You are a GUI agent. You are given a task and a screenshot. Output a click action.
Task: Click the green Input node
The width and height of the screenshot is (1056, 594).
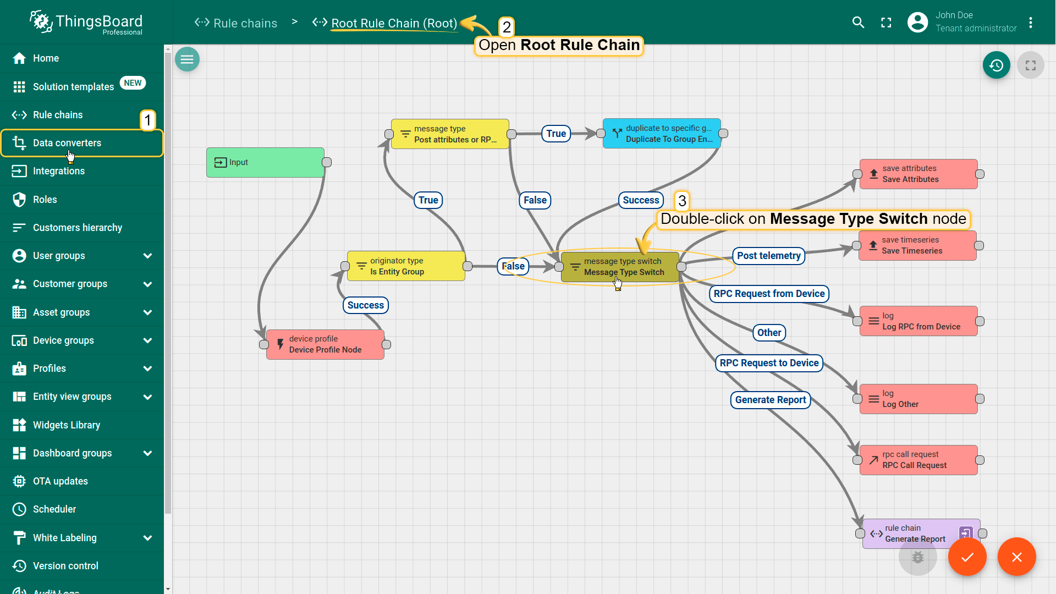(x=265, y=162)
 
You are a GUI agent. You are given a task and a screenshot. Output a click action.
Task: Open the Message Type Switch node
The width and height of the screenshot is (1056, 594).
(x=620, y=267)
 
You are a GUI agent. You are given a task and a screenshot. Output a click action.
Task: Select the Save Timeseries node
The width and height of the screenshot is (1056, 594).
(x=917, y=245)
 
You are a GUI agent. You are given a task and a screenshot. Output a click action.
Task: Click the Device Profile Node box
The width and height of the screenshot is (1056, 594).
(x=325, y=344)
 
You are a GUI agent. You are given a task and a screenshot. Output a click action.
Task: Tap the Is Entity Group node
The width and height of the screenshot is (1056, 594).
(x=406, y=266)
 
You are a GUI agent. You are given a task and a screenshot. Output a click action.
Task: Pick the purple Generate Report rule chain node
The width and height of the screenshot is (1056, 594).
(x=921, y=533)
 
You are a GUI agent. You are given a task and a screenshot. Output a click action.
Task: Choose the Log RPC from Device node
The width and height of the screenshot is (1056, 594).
(x=919, y=321)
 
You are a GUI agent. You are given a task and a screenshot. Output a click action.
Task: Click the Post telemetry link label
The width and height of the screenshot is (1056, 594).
(x=769, y=256)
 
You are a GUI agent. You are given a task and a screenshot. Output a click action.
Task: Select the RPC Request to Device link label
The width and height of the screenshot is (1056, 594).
(x=769, y=363)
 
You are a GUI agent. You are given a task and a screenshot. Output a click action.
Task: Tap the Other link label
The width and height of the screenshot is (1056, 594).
(x=769, y=333)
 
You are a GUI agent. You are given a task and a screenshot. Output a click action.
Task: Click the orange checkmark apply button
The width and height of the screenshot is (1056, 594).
(x=967, y=557)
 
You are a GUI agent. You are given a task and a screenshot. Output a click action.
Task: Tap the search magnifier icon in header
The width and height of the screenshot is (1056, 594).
(x=858, y=23)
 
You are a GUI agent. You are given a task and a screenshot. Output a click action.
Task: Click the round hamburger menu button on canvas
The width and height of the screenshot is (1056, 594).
(x=187, y=59)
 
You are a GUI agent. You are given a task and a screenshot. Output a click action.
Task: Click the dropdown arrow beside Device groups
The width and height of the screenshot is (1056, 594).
(x=147, y=340)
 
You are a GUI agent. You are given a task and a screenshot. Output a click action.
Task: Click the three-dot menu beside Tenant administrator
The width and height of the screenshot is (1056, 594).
(x=1031, y=23)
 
